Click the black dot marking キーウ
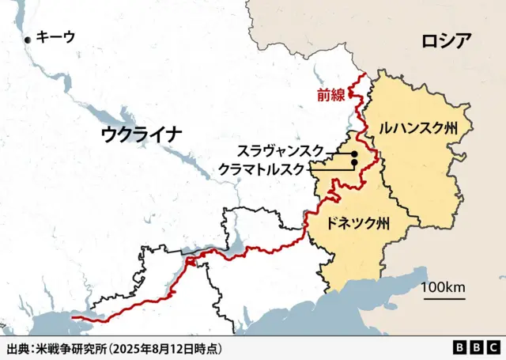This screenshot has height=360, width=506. click(x=29, y=39)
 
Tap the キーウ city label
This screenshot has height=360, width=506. click(x=57, y=36)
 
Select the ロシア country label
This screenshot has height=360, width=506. click(x=447, y=40)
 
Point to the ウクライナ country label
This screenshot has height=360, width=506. click(x=142, y=134)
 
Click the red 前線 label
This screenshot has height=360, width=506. click(x=330, y=96)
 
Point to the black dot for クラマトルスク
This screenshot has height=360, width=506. click(x=353, y=163)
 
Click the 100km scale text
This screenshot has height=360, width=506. click(x=443, y=286)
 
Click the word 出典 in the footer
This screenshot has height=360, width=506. click(x=17, y=348)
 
